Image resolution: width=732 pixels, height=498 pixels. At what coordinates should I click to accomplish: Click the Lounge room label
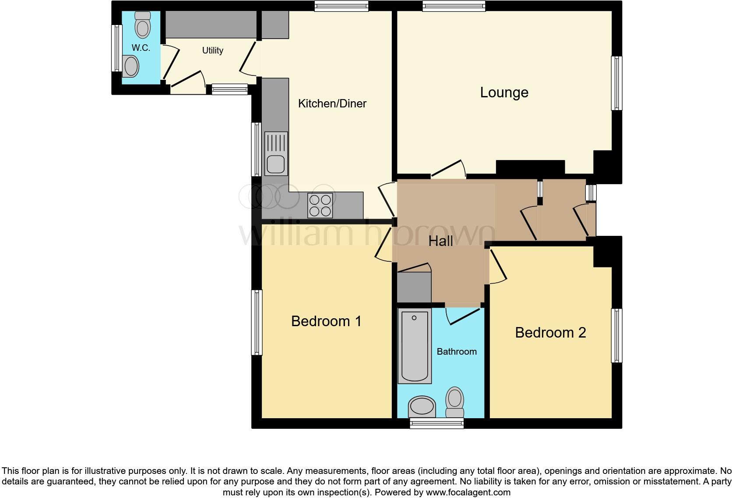[x=504, y=92]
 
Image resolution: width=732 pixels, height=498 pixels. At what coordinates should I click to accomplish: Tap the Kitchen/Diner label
[x=332, y=103]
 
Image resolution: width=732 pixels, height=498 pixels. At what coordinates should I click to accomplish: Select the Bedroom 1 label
[x=326, y=321]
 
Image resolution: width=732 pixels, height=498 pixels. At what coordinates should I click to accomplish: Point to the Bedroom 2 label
[x=550, y=333]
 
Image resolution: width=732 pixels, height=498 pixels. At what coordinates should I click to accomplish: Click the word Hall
[x=440, y=241]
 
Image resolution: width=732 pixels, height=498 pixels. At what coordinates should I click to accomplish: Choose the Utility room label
[x=212, y=50]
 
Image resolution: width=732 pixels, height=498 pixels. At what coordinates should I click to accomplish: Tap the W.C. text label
[x=141, y=48]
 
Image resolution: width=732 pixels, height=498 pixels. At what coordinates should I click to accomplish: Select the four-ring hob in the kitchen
[x=320, y=205]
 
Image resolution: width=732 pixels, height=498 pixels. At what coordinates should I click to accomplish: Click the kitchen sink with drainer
[x=276, y=153]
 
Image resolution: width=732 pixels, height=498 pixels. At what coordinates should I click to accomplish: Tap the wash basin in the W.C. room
[x=130, y=67]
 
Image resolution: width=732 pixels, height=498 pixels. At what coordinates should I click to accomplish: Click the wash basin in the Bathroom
[x=422, y=407]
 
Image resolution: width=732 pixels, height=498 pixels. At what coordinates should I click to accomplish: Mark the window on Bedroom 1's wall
[x=257, y=322]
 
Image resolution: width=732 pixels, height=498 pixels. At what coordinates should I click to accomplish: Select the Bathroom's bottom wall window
[x=436, y=423]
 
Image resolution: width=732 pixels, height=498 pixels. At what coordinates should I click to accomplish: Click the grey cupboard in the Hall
[x=414, y=287]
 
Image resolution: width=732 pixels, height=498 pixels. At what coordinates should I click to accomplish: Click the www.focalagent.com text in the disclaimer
[x=468, y=492]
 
